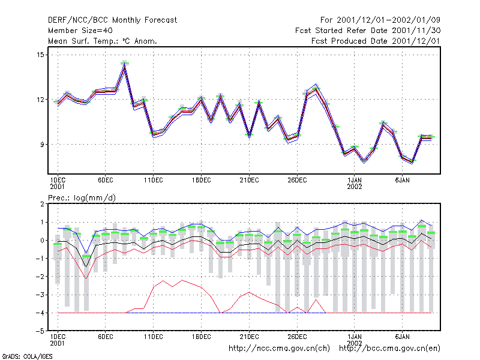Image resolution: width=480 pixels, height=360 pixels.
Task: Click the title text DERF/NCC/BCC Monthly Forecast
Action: (x=112, y=20)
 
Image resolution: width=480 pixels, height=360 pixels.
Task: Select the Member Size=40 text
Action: (x=80, y=31)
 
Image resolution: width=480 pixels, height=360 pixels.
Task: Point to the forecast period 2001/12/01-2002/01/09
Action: (x=388, y=20)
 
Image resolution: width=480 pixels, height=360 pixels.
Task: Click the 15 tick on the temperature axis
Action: (x=40, y=55)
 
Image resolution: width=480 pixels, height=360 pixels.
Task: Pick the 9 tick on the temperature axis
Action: (x=42, y=144)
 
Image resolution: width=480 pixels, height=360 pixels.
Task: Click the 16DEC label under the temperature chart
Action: (x=201, y=181)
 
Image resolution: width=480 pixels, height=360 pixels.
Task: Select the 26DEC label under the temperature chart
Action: (x=297, y=181)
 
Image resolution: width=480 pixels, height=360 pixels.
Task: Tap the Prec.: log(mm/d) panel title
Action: (x=82, y=198)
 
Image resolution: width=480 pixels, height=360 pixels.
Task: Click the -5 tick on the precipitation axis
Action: (x=40, y=331)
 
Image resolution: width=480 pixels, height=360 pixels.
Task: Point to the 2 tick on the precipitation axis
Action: (x=42, y=204)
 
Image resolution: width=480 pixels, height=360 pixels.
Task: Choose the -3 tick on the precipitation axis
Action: (x=40, y=295)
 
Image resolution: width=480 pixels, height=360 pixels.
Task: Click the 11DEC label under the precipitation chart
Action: (x=154, y=337)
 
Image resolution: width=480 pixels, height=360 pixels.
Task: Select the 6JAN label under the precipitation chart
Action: (x=402, y=337)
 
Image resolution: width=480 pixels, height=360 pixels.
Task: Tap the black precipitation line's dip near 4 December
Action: (x=86, y=266)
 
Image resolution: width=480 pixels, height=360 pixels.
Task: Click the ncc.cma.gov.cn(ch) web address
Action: (x=279, y=349)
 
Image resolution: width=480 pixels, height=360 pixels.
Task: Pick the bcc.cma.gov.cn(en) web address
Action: (x=389, y=349)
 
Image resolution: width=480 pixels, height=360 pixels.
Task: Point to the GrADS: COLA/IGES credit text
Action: (x=28, y=356)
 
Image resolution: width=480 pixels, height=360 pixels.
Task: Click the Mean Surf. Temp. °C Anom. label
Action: (x=103, y=41)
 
